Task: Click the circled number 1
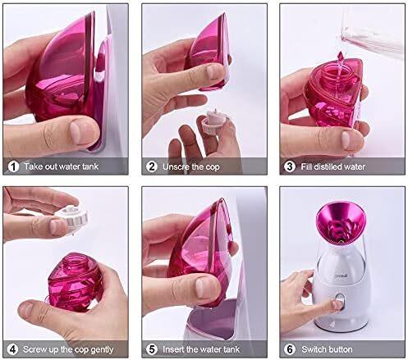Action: click(13, 166)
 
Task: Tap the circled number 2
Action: click(152, 166)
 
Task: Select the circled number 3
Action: click(290, 166)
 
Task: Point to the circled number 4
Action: click(12, 349)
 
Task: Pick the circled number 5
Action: click(152, 349)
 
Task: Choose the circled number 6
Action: click(290, 349)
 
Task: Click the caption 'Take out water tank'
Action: click(61, 166)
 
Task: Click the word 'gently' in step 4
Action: click(102, 350)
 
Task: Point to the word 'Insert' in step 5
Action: click(173, 349)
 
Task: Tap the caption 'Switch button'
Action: click(327, 349)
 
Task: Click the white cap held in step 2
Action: click(214, 121)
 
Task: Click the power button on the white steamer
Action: click(340, 302)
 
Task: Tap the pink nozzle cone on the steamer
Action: click(341, 222)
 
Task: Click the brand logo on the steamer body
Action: click(341, 276)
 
